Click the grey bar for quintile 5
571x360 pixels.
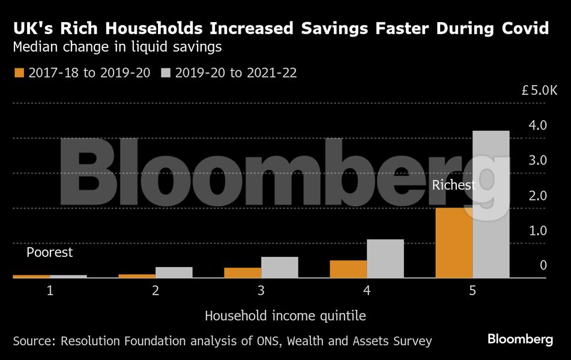click(x=491, y=204)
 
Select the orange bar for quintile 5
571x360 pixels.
click(x=454, y=243)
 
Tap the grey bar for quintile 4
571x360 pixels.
click(x=385, y=259)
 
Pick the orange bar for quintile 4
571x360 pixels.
click(x=348, y=269)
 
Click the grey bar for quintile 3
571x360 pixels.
click(x=280, y=267)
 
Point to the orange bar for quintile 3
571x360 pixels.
click(x=243, y=272)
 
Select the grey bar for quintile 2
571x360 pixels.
click(x=174, y=272)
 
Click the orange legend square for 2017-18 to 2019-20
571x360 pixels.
click(x=19, y=73)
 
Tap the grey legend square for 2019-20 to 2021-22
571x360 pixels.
click(x=166, y=73)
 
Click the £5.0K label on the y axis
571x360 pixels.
click(x=540, y=91)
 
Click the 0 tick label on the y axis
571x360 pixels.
click(x=543, y=265)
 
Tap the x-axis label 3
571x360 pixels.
click(x=261, y=291)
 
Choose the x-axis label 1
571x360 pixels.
click(x=50, y=291)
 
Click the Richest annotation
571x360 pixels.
click(x=453, y=185)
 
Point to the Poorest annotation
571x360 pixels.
click(x=49, y=253)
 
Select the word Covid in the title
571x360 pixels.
click(x=522, y=28)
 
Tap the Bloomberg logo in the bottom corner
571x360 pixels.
click(x=520, y=340)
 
